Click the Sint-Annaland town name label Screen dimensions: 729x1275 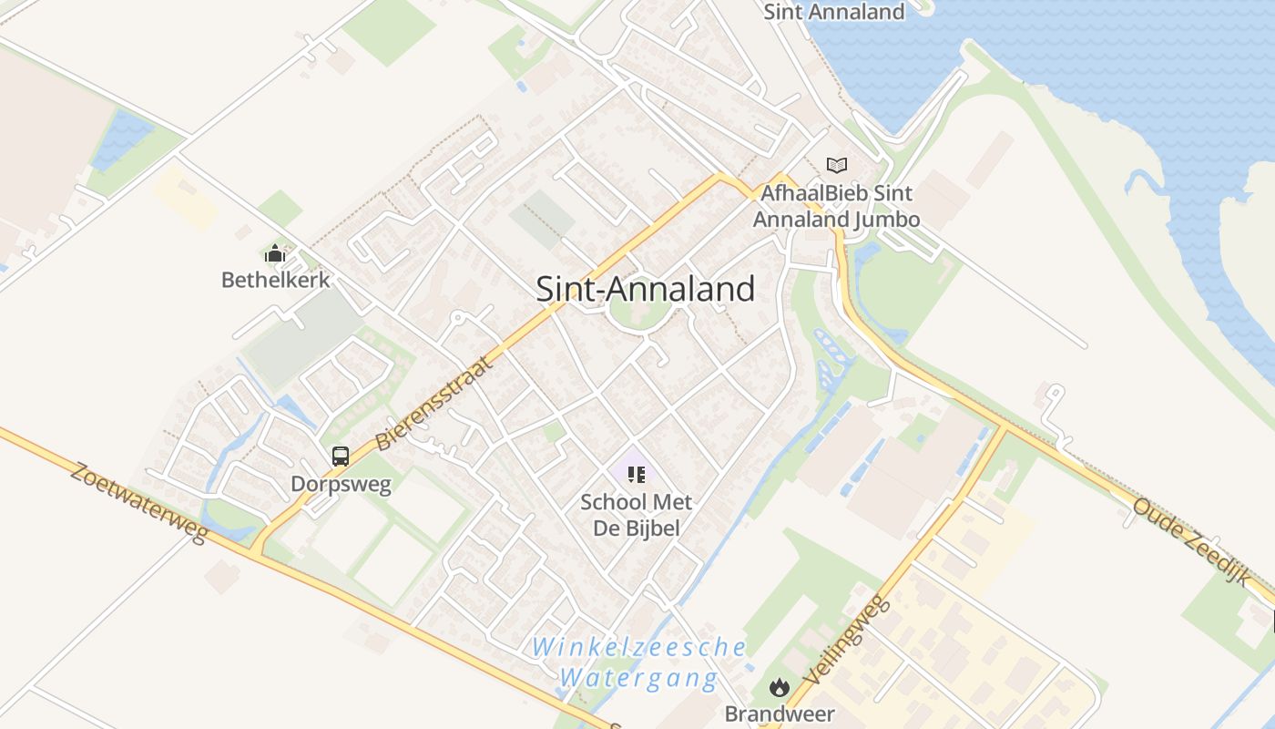645,289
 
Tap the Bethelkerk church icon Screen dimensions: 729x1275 275,253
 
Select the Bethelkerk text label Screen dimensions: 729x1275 275,279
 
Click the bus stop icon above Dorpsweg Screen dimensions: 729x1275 341,457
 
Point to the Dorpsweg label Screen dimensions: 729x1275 341,484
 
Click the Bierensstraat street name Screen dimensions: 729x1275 434,404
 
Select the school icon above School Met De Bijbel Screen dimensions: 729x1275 637,474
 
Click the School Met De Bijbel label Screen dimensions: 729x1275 637,515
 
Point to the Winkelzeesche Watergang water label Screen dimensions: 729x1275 639,662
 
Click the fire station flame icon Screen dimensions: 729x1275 779,687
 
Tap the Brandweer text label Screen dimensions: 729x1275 779,713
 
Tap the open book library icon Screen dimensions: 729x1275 836,165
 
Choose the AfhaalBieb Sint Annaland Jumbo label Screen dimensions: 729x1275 836,206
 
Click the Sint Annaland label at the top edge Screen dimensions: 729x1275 833,12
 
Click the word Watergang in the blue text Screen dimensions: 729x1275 638,678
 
